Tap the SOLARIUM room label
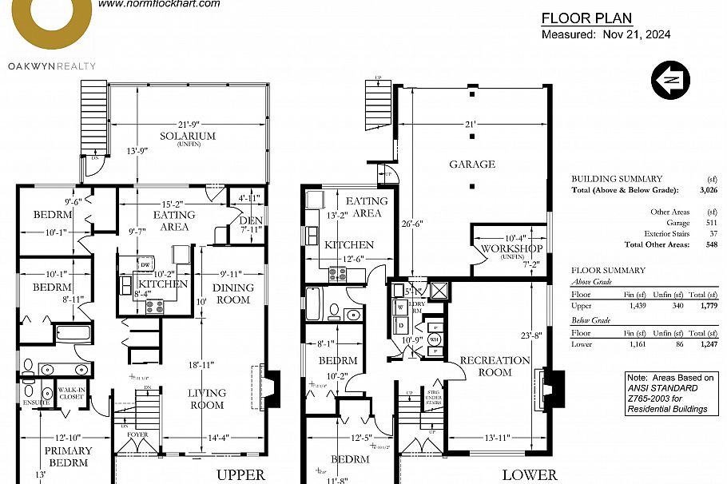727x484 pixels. pyautogui.click(x=188, y=137)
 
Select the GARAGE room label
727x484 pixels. pyautogui.click(x=471, y=165)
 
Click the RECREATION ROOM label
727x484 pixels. pyautogui.click(x=495, y=367)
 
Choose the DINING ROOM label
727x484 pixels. pyautogui.click(x=232, y=294)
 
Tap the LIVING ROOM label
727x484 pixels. pyautogui.click(x=207, y=399)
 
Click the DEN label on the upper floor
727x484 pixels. pyautogui.click(x=249, y=221)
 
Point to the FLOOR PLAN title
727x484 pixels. pyautogui.click(x=586, y=18)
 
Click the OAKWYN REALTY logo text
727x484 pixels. pyautogui.click(x=52, y=66)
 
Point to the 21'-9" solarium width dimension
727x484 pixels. pyautogui.click(x=188, y=125)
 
